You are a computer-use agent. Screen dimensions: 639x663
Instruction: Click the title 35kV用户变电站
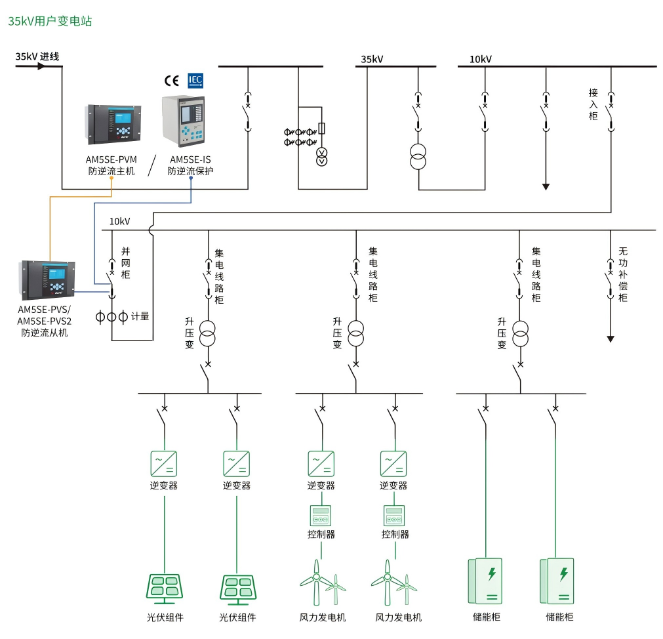(50, 21)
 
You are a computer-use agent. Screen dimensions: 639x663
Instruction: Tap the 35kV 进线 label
(37, 56)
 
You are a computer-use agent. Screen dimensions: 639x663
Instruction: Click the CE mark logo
(172, 81)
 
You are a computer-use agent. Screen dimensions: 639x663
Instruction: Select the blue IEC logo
(195, 80)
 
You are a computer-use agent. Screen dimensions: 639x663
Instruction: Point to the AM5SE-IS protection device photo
(184, 121)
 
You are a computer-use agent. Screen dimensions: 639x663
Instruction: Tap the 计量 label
(140, 317)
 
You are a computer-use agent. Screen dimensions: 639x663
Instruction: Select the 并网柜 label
(126, 263)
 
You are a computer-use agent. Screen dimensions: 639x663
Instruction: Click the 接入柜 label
(594, 104)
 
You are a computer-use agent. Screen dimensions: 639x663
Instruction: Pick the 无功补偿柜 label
(624, 274)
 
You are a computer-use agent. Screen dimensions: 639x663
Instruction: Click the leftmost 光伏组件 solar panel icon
(164, 588)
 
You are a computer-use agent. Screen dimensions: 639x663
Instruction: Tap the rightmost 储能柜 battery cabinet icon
(557, 581)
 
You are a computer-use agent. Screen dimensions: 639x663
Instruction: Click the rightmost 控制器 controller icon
(394, 514)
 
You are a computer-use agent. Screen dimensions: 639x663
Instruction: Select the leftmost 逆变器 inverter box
(164, 463)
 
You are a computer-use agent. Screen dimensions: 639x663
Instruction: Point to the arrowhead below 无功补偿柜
(611, 339)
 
